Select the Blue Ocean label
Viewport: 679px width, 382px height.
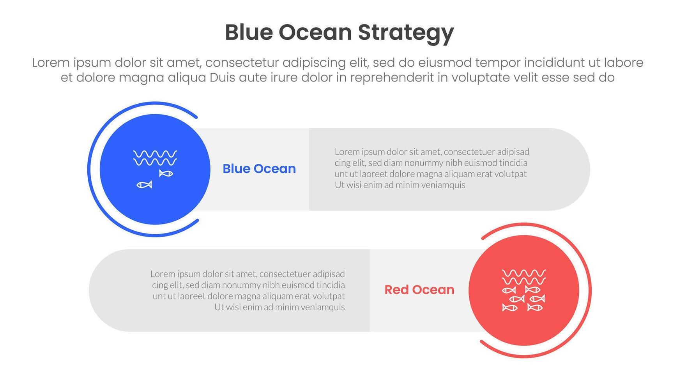[x=259, y=169]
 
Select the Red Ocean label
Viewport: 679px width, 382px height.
[x=419, y=290]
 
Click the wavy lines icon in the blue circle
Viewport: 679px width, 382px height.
[x=155, y=158]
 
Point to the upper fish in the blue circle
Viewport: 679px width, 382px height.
[x=166, y=173]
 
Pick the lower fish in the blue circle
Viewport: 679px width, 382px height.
[x=144, y=184]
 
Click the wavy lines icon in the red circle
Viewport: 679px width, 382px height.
[x=523, y=277]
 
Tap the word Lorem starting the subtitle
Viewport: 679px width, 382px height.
[x=50, y=63]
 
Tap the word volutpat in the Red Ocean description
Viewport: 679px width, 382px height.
[x=329, y=296]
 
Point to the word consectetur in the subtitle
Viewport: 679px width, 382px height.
[x=242, y=63]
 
